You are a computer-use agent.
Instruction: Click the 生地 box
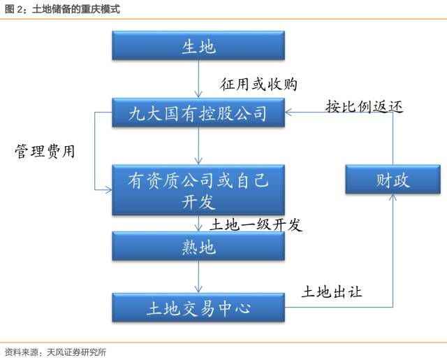click(198, 45)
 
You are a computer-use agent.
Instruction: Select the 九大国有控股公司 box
click(198, 113)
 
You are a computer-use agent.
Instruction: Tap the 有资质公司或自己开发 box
click(198, 189)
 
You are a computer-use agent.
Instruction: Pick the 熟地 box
click(198, 246)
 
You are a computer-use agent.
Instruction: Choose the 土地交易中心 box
click(198, 308)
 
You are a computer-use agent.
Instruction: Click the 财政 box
click(393, 179)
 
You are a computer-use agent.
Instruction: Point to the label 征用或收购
click(258, 84)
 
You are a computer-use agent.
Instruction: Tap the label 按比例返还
click(364, 106)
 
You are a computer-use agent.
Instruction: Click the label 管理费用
click(45, 151)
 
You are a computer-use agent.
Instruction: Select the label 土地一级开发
click(256, 224)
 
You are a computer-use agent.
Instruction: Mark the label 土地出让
click(332, 291)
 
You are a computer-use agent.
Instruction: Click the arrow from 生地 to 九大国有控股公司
click(198, 79)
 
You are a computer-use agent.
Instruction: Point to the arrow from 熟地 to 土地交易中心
click(198, 277)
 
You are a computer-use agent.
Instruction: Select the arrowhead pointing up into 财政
click(393, 197)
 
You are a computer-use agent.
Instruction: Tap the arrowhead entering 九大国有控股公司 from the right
click(288, 113)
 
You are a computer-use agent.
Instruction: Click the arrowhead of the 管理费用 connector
click(109, 189)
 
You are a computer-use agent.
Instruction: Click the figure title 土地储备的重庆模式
click(76, 9)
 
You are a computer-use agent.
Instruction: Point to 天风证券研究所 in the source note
click(76, 352)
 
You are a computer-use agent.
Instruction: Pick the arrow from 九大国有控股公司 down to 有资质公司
click(198, 146)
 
